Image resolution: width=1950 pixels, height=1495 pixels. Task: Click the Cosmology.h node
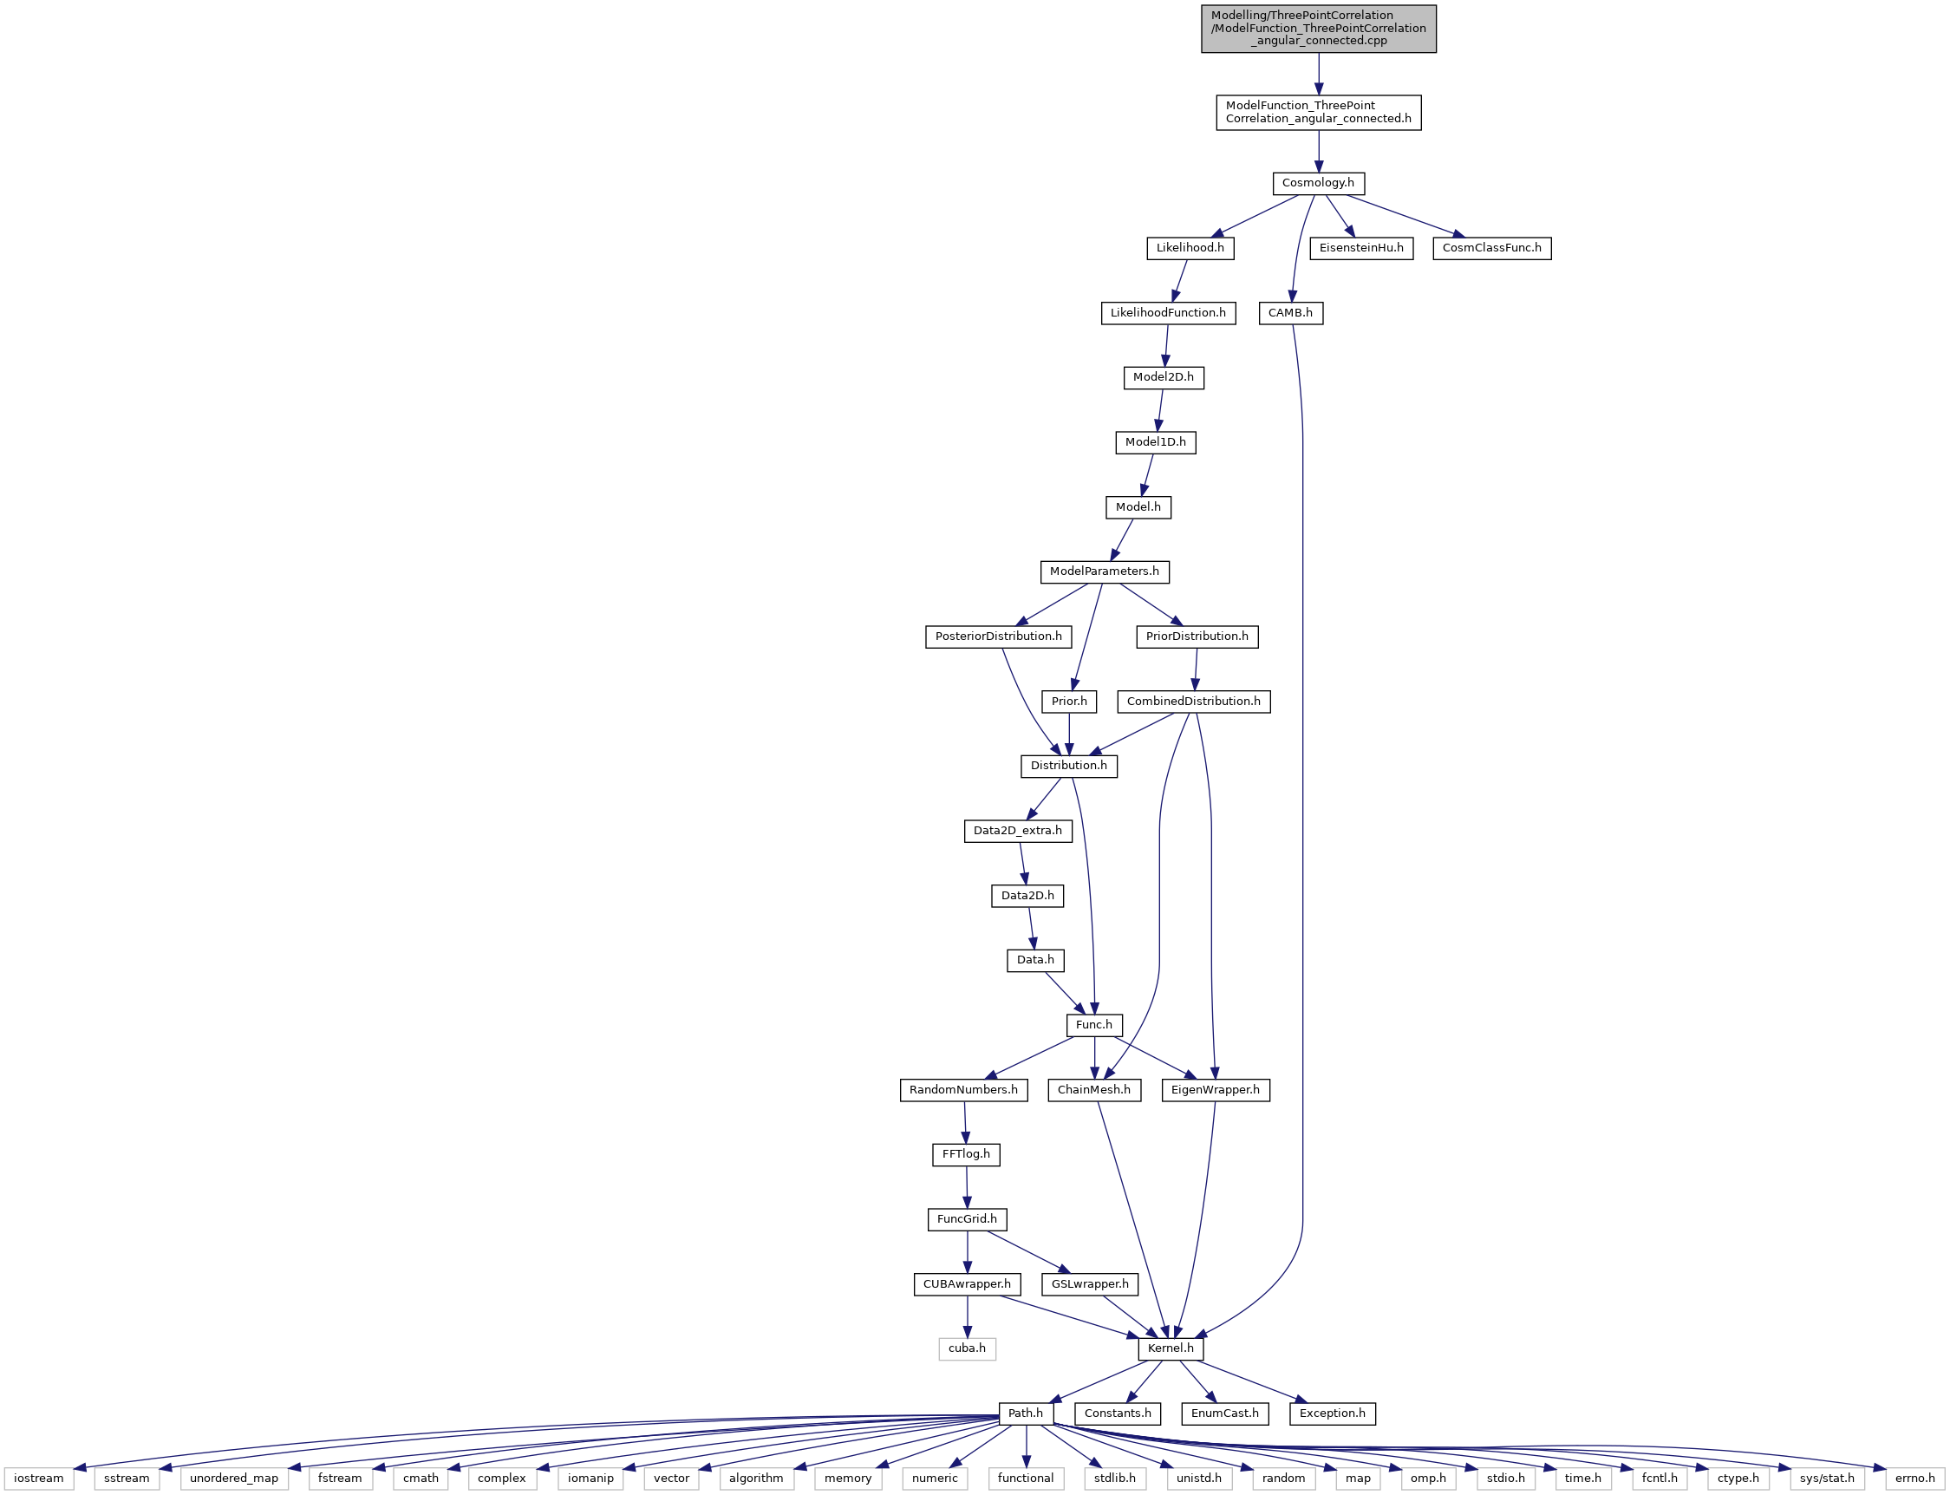pos(1318,183)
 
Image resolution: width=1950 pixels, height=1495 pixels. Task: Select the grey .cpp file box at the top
pos(1319,29)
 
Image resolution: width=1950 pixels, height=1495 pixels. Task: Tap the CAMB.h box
pos(1290,313)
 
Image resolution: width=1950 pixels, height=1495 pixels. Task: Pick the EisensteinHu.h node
pos(1361,248)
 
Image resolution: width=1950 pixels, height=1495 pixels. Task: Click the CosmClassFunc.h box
pos(1492,248)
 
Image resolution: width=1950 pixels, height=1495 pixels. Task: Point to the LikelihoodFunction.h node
pos(1168,313)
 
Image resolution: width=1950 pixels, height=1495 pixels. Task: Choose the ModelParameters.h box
pos(1104,572)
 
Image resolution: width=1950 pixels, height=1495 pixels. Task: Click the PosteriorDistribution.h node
pos(998,637)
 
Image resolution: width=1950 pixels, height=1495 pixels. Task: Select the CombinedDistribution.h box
pos(1194,702)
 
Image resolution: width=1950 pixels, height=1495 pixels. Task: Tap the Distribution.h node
pos(1068,767)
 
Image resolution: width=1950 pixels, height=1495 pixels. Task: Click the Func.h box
pos(1094,1025)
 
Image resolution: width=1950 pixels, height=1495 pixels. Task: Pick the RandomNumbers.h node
pos(963,1090)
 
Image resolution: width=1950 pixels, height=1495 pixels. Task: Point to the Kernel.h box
pos(1171,1349)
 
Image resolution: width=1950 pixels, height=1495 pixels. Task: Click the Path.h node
pos(1026,1414)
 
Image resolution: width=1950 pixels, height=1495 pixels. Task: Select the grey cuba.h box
pos(967,1349)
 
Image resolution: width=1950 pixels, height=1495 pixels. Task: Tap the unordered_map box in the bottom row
pos(234,1479)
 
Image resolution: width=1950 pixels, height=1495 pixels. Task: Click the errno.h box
pos(1914,1479)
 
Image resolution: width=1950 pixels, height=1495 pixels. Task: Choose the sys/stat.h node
pos(1827,1479)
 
